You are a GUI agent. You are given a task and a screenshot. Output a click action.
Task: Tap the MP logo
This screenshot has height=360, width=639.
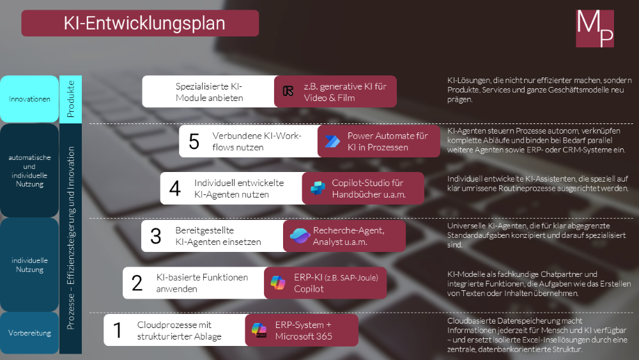[595, 28]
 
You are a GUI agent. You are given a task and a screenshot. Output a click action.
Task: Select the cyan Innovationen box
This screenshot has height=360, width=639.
[29, 99]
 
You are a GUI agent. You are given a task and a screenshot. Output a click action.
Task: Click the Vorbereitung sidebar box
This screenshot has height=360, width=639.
[29, 333]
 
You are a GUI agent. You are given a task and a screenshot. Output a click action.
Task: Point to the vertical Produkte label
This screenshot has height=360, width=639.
[71, 98]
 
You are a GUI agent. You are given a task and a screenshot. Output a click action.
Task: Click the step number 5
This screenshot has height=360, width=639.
[194, 141]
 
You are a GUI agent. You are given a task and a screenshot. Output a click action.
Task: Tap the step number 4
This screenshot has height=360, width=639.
[175, 189]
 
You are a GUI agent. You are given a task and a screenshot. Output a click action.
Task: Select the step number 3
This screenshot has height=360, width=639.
[156, 236]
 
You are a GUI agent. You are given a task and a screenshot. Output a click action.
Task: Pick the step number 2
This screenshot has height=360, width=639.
[137, 283]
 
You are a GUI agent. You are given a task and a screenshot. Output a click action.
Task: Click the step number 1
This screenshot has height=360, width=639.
[118, 331]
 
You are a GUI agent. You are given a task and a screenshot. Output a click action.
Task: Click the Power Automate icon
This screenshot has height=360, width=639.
[332, 141]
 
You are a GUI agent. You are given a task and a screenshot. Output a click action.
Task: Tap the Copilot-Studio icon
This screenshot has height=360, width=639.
[318, 188]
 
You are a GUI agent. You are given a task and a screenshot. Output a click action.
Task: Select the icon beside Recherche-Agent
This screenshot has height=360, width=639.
[299, 236]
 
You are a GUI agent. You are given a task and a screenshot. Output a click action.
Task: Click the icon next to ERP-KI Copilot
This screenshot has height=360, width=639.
[279, 283]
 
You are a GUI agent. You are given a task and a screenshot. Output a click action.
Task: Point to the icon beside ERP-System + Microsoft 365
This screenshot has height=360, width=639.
[259, 331]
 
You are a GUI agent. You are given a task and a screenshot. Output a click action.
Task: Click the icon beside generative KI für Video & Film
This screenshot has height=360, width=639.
[288, 91]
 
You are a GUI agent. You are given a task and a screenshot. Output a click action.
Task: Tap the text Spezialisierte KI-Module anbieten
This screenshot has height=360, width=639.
[209, 92]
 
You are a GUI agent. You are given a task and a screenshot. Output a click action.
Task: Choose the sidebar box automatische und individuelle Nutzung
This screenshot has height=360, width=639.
[29, 170]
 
